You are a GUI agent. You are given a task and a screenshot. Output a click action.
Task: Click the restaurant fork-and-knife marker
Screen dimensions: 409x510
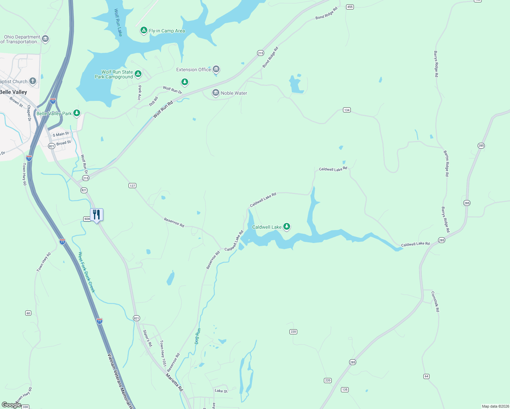pyautogui.click(x=96, y=215)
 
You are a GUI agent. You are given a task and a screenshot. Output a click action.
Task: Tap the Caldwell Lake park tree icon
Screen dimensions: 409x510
pyautogui.click(x=287, y=226)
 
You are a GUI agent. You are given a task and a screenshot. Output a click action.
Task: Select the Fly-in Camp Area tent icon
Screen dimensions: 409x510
pyautogui.click(x=144, y=30)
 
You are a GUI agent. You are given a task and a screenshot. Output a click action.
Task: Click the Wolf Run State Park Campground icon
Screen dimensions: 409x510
pyautogui.click(x=138, y=74)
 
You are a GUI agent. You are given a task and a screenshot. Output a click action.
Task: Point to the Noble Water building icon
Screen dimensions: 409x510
pyautogui.click(x=215, y=93)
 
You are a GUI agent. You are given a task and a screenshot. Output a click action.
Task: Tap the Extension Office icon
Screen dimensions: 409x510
pyautogui.click(x=216, y=69)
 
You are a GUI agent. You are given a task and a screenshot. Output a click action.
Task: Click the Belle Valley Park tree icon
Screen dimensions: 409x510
pyautogui.click(x=77, y=113)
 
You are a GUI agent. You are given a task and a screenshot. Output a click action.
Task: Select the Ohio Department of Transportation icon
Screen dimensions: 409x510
pyautogui.click(x=45, y=39)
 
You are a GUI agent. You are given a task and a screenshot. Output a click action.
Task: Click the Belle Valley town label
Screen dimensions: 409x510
pyautogui.click(x=13, y=92)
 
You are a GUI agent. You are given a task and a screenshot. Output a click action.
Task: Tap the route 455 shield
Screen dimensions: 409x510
pyautogui.click(x=350, y=7)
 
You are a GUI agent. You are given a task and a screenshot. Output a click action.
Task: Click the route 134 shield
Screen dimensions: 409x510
pyautogui.click(x=347, y=110)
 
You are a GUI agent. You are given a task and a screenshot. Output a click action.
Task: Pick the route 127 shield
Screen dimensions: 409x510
pyautogui.click(x=132, y=186)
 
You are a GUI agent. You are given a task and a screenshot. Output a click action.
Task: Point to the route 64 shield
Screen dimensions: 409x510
pyautogui.click(x=426, y=376)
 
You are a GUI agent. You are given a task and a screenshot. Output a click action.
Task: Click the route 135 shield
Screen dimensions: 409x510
pyautogui.click(x=345, y=390)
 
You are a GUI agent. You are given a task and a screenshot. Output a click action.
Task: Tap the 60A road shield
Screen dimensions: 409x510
pyautogui.click(x=87, y=219)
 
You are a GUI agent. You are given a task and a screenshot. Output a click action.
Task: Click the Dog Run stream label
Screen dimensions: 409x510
pyautogui.click(x=197, y=336)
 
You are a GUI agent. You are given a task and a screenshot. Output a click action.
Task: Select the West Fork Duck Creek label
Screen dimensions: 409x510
pyautogui.click(x=87, y=272)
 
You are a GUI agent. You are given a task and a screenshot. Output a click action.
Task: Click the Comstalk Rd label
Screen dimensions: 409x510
pyautogui.click(x=435, y=301)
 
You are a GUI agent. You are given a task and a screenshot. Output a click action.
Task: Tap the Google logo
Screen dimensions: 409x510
pyautogui.click(x=11, y=405)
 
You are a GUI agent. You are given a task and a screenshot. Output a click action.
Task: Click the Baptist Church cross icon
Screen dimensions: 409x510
pyautogui.click(x=33, y=81)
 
